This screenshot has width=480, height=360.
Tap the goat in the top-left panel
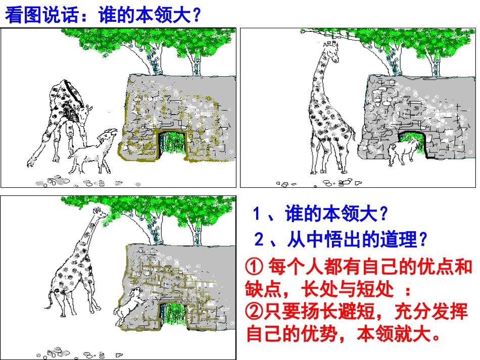[93, 151]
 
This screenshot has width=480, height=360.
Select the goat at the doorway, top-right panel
[403, 150]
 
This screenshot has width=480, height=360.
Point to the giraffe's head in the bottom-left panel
[100, 214]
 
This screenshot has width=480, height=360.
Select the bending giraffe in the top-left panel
[63, 116]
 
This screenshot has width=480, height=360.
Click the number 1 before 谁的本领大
[256, 215]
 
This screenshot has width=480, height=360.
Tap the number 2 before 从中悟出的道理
[258, 240]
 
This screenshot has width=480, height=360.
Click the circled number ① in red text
[254, 266]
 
